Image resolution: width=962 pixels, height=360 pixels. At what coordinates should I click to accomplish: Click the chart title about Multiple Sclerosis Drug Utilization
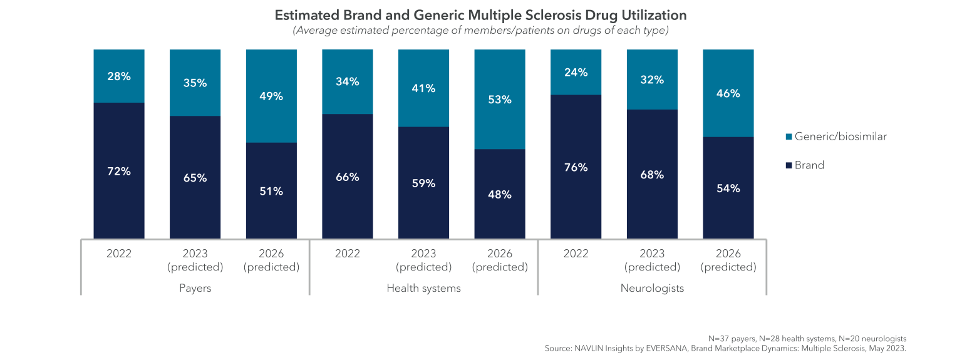pyautogui.click(x=480, y=15)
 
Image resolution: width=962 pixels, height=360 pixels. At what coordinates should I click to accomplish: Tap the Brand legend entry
pyautogui.click(x=809, y=165)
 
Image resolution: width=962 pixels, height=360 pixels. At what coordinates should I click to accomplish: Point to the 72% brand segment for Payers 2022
pyautogui.click(x=119, y=171)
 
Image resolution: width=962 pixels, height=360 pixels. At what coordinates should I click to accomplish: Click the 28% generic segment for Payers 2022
pyautogui.click(x=119, y=76)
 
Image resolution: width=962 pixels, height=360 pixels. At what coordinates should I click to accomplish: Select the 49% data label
pyautogui.click(x=271, y=96)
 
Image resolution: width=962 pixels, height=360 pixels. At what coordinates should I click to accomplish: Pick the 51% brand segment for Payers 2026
pyautogui.click(x=271, y=191)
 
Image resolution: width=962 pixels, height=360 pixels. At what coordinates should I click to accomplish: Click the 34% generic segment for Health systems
pyautogui.click(x=348, y=81)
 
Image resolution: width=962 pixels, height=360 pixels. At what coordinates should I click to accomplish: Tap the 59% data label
pyautogui.click(x=423, y=184)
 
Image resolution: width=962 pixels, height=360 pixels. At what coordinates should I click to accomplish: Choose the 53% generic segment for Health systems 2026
pyautogui.click(x=500, y=99)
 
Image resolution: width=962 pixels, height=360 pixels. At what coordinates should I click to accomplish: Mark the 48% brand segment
pyautogui.click(x=500, y=194)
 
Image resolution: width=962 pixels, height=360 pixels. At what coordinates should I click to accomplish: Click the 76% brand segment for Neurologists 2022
pyautogui.click(x=576, y=167)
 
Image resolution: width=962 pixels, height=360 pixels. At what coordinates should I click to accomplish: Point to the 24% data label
pyautogui.click(x=576, y=73)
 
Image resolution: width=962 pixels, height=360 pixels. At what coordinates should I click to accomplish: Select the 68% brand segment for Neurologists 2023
pyautogui.click(x=652, y=175)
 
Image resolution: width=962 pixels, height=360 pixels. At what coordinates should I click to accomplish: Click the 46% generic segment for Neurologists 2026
pyautogui.click(x=728, y=93)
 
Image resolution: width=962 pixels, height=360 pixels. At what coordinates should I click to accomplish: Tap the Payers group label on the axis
pyautogui.click(x=195, y=288)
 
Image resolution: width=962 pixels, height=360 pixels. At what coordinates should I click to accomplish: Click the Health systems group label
pyautogui.click(x=423, y=288)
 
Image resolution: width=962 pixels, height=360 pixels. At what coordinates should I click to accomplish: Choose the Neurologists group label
pyautogui.click(x=652, y=288)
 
